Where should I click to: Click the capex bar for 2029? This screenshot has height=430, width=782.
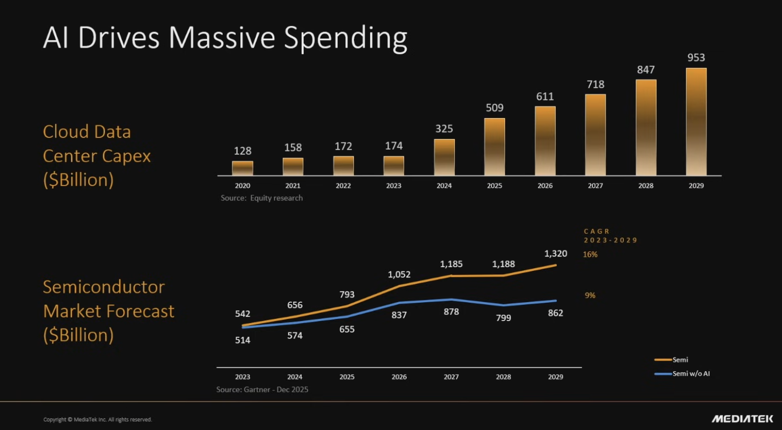coord(696,122)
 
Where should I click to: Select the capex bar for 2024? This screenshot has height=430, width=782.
coord(444,157)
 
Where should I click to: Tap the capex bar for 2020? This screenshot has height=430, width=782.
coord(242,168)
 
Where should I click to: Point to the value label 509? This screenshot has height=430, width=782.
coord(494,107)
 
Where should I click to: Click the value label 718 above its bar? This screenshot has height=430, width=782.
coord(595,84)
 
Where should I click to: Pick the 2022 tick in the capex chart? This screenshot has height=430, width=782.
coord(343,186)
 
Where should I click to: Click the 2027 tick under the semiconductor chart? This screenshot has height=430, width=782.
coord(451,377)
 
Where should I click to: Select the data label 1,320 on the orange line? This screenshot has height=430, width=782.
coord(555,254)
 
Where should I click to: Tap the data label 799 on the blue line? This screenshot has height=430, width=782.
coord(503,318)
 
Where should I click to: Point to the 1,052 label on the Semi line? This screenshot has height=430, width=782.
coord(399,274)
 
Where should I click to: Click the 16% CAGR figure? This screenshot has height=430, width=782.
coord(590,255)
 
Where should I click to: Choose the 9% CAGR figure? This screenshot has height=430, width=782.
coord(590,295)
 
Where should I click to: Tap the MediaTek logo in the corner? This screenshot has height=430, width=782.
coord(742,419)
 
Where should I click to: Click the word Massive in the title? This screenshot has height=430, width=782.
coord(222,38)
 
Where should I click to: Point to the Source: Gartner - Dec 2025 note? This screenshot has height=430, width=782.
coord(262,389)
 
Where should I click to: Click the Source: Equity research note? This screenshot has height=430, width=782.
coord(262,198)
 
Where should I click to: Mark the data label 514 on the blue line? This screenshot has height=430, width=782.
coord(242,340)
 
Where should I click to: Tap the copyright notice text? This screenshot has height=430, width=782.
coord(97,419)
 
